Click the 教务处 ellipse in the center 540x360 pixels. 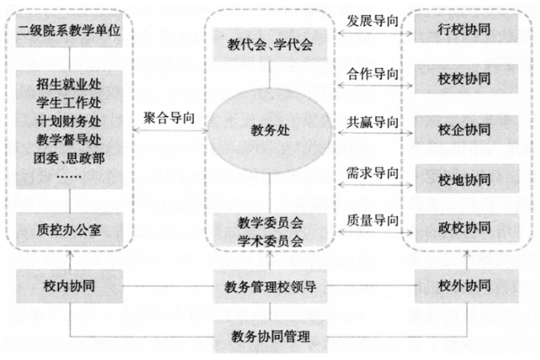(270, 130)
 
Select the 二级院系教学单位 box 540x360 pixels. (69, 30)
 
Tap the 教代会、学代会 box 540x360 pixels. (270, 45)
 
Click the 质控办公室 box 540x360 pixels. (69, 230)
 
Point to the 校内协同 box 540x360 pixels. (69, 286)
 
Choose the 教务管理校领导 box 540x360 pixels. (270, 287)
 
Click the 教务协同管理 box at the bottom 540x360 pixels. (270, 336)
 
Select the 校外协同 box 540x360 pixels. (467, 286)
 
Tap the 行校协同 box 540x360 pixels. (466, 29)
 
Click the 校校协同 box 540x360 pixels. (466, 79)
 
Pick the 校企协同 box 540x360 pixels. (467, 130)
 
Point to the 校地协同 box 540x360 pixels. (467, 179)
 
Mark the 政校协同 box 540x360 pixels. (467, 228)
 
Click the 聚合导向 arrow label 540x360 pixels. (169, 118)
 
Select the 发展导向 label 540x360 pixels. (372, 21)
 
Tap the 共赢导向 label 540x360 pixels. (372, 122)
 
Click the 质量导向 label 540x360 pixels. (372, 221)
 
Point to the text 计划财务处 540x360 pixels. (69, 121)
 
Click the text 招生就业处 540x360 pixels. (69, 84)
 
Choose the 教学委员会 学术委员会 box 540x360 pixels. (270, 230)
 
